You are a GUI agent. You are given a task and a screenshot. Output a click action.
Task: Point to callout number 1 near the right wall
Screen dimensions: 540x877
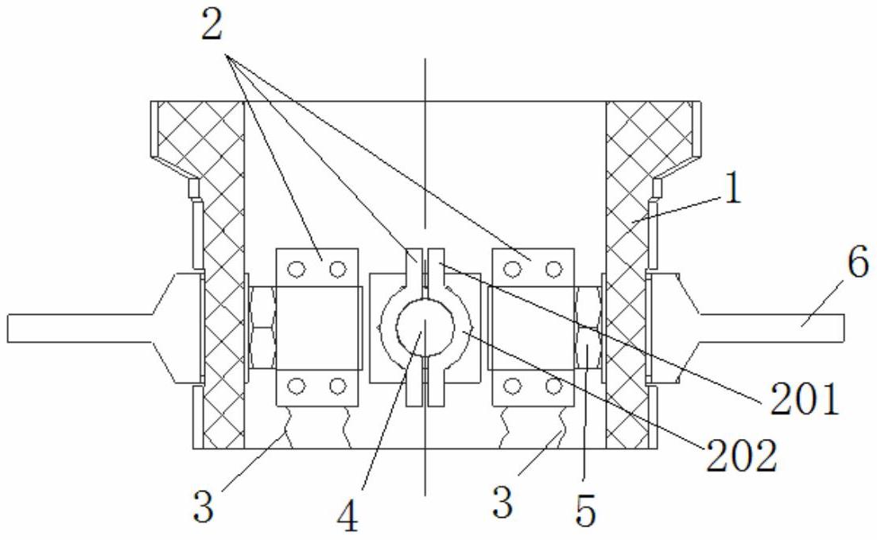731,192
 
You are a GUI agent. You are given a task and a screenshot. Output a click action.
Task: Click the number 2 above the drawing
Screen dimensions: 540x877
213,25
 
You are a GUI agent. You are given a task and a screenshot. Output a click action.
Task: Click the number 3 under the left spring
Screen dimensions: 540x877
204,507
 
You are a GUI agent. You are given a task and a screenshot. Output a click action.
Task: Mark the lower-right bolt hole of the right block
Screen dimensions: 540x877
555,387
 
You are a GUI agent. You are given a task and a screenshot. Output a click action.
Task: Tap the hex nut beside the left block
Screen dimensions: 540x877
262,327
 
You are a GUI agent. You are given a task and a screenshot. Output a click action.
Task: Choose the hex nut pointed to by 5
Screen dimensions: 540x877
586,327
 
